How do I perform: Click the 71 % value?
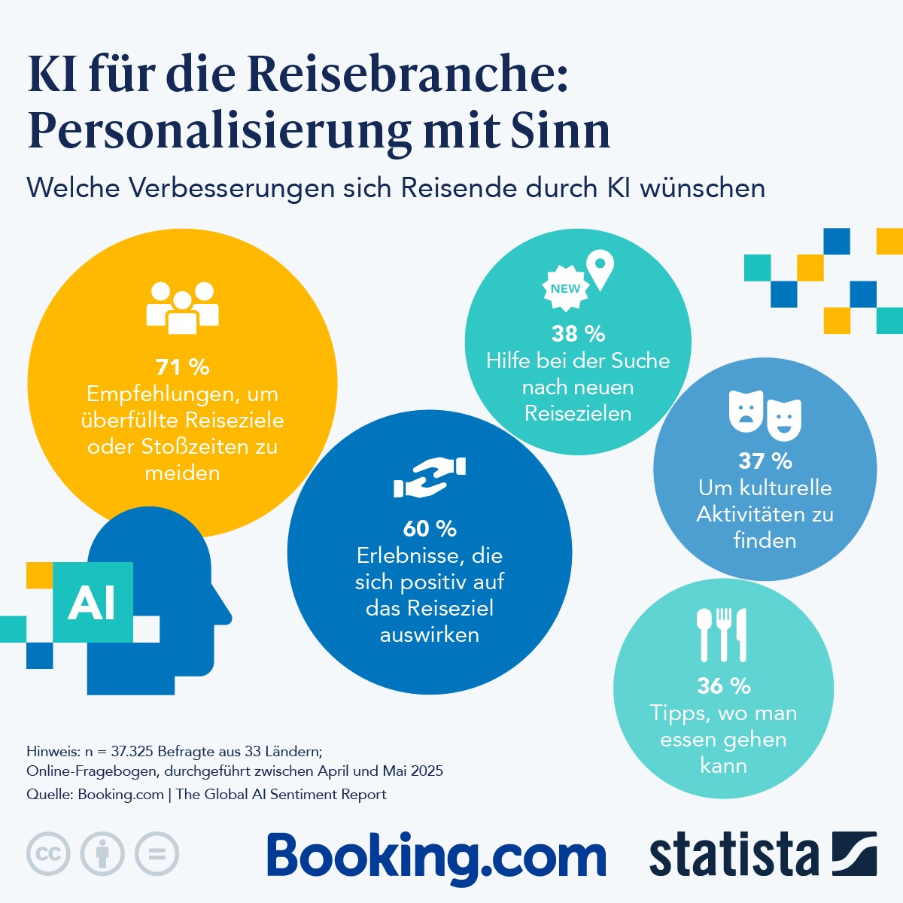(x=182, y=367)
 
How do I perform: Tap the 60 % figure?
(x=430, y=529)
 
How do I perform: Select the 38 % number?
(x=578, y=333)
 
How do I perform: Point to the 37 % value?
(x=765, y=461)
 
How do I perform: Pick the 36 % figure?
(x=723, y=686)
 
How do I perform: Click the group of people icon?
(x=182, y=307)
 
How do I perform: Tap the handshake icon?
(x=430, y=478)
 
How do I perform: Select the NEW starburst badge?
(x=565, y=288)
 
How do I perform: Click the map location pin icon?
(x=600, y=271)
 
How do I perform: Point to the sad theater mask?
(x=746, y=411)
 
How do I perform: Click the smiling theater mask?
(x=784, y=419)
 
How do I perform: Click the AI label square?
(x=93, y=602)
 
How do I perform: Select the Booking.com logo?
(x=436, y=858)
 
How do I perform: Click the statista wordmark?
(x=734, y=856)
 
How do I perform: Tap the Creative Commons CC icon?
(x=48, y=854)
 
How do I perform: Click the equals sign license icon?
(x=157, y=854)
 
